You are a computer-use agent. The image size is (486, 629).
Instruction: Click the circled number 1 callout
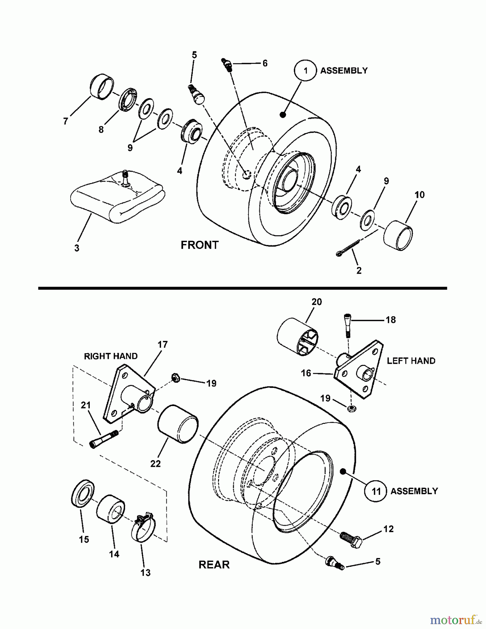coord(305,71)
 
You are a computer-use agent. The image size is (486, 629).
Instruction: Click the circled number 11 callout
coord(376,491)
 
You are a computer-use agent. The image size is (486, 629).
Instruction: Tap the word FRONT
coord(200,245)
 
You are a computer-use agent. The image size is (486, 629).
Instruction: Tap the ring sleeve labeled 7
coord(102,87)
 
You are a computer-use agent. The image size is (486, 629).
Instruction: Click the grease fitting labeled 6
coord(227,65)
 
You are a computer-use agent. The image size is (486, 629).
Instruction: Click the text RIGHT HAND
coord(110,356)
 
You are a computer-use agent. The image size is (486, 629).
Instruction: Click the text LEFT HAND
coord(411,361)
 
